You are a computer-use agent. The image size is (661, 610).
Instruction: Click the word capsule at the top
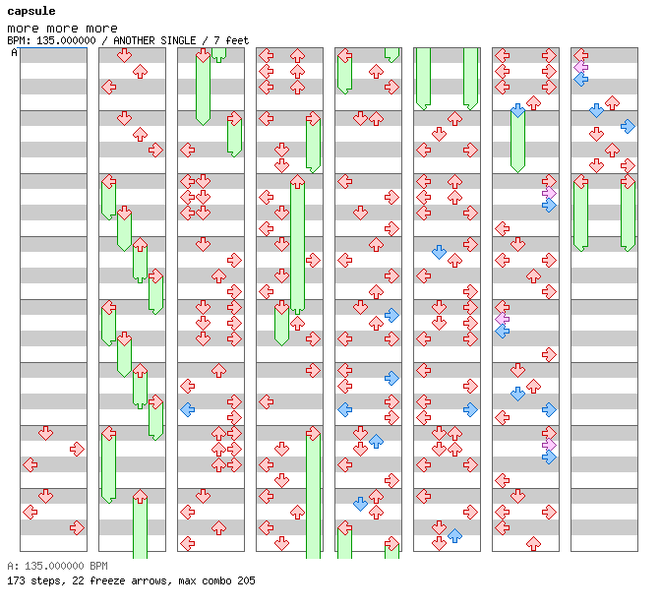[x=31, y=11]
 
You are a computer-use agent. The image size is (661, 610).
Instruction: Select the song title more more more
[x=62, y=29]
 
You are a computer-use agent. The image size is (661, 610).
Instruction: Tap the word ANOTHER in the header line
[x=133, y=40]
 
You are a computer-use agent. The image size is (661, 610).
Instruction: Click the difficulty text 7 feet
[x=231, y=40]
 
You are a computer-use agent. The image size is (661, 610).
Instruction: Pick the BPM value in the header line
[x=66, y=40]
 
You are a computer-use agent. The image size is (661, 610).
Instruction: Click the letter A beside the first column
[x=14, y=52]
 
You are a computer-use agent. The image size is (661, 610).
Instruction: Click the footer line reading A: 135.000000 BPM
[x=57, y=566]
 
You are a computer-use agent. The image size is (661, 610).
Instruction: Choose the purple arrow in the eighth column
[x=581, y=67]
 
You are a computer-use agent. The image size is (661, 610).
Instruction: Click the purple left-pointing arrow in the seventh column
[x=502, y=319]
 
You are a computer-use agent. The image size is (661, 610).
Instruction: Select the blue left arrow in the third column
[x=187, y=409]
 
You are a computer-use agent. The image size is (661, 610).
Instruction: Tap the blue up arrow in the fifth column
[x=376, y=442]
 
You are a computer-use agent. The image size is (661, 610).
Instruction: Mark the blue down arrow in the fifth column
[x=360, y=504]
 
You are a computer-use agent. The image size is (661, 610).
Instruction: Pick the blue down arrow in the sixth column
[x=439, y=252]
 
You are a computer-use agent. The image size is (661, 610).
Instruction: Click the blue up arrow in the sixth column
[x=454, y=536]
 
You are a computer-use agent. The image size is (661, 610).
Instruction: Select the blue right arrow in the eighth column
[x=628, y=126]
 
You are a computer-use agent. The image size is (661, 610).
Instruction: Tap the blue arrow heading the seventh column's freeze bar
[x=517, y=110]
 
